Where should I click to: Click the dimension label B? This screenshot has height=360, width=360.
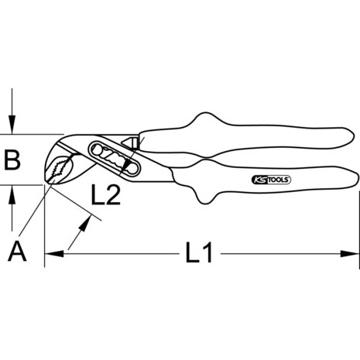(12, 160)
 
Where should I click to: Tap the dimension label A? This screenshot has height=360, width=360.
(17, 251)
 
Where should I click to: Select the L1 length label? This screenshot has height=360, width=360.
(199, 252)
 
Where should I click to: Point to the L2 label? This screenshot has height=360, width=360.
(106, 195)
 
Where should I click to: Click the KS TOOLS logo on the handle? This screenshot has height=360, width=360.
(271, 180)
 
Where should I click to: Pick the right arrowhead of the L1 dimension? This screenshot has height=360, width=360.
(350, 254)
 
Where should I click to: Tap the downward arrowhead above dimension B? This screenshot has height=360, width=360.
(12, 125)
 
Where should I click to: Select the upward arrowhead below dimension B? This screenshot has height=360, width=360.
(12, 194)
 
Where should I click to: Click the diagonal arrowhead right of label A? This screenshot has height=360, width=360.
(84, 223)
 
